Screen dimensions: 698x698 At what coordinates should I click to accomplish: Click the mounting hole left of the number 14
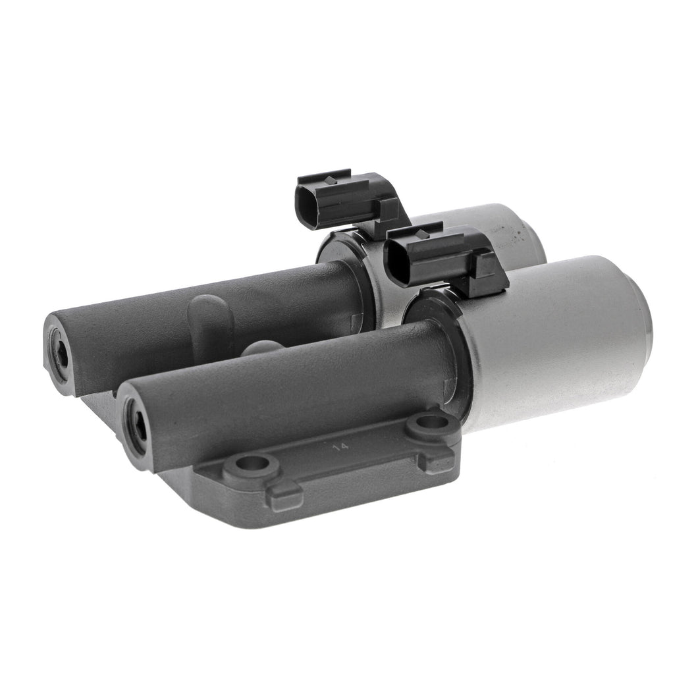click(x=252, y=464)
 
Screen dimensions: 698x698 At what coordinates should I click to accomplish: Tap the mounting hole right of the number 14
click(x=428, y=420)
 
